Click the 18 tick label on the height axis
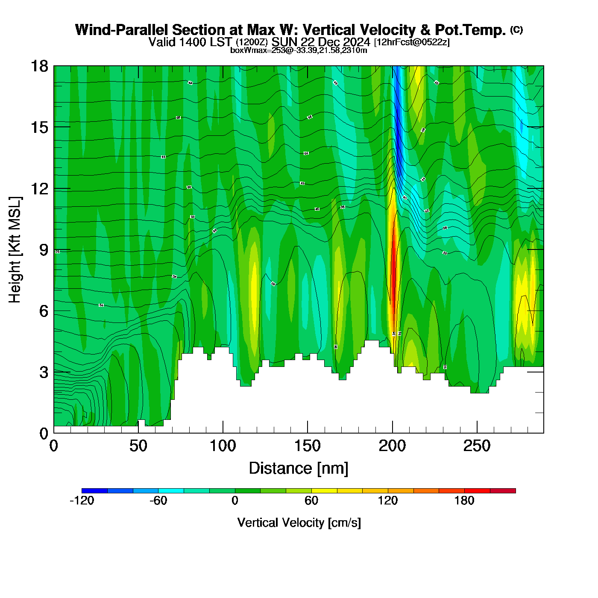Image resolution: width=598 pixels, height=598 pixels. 39,66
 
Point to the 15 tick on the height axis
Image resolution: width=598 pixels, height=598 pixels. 39,127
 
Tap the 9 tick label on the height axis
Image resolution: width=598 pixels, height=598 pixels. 44,250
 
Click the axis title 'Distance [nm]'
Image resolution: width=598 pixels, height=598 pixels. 299,469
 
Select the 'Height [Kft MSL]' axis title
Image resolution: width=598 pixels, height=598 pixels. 15,250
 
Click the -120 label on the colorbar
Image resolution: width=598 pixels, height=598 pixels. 82,501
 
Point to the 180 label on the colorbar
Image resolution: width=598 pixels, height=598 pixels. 464,501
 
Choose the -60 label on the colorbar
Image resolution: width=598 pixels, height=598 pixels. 158,501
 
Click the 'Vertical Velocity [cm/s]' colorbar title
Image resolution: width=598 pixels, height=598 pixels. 299,523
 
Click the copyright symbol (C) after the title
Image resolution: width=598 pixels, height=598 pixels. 516,29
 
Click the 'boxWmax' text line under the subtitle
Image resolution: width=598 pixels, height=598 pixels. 299,50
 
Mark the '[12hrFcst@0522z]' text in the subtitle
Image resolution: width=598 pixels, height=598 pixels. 411,42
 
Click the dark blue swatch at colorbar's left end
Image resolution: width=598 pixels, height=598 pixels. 94,491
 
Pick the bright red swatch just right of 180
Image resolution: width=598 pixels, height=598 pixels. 477,491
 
